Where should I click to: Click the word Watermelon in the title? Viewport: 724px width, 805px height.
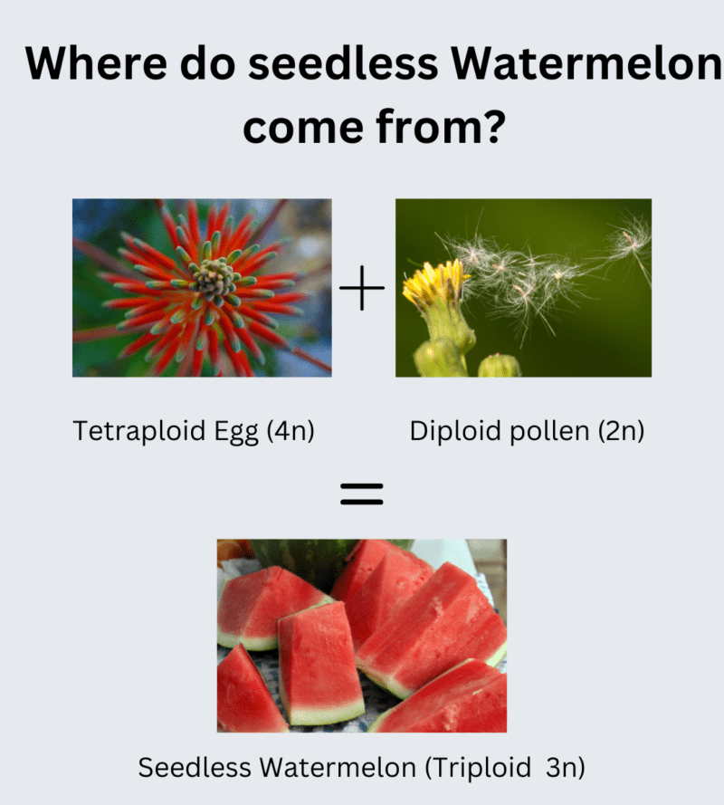592,64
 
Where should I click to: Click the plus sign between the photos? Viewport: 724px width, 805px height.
362,289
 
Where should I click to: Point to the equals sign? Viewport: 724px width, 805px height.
362,494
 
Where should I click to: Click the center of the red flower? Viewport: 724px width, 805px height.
215,282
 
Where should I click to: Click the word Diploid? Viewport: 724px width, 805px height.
451,431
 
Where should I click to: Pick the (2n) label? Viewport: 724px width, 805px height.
621,431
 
